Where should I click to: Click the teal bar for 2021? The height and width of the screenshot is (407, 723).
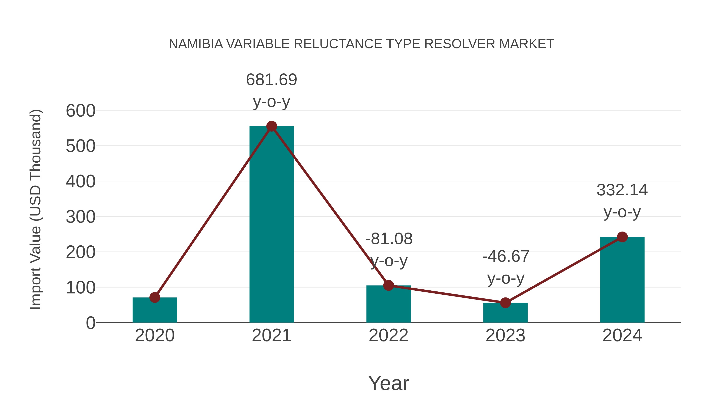coord(271,225)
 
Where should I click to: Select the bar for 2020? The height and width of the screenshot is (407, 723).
coord(155,310)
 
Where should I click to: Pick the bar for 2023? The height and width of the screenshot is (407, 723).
coord(505,313)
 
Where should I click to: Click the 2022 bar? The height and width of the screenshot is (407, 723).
coord(388,304)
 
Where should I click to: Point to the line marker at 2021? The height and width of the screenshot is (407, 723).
coord(271,126)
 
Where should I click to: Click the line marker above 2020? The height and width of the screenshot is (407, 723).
coord(155,297)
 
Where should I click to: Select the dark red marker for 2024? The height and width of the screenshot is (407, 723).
coord(622,237)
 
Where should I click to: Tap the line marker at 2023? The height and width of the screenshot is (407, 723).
coord(505,303)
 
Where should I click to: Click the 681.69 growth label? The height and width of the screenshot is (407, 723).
coord(271,80)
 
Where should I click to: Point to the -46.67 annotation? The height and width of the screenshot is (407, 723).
coord(505,256)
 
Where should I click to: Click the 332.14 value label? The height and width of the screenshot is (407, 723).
coord(622,190)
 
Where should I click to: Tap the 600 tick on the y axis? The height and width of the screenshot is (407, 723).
coord(81,111)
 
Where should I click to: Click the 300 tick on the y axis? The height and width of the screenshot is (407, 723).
coord(81,217)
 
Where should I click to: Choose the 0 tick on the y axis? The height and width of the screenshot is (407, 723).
coord(90,323)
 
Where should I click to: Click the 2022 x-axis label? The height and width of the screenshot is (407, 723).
coord(388,335)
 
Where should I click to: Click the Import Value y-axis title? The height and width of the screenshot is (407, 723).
coord(36,209)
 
